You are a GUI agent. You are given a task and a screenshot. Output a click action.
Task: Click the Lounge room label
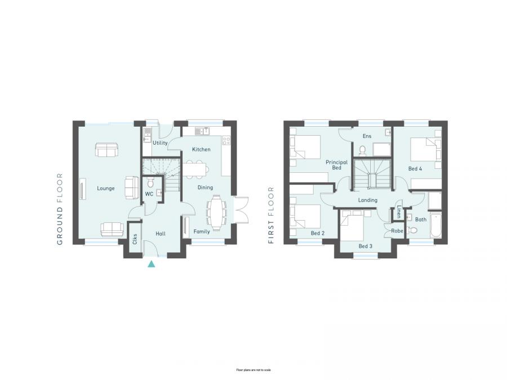[106, 189]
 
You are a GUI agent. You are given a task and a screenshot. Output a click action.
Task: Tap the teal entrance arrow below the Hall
[151, 263]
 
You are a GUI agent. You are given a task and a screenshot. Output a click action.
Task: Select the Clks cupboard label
[135, 238]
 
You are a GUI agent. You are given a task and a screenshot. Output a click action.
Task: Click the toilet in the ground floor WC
[150, 184]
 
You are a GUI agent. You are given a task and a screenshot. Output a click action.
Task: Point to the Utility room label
[161, 144]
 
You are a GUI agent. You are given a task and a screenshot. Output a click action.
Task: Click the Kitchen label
[201, 150]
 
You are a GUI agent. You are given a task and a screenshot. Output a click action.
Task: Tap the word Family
[202, 231]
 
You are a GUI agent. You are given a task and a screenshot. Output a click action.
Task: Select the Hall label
[160, 233]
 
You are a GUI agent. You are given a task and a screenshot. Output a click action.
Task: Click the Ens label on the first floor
[367, 136]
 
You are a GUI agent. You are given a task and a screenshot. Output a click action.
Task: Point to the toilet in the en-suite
[363, 150]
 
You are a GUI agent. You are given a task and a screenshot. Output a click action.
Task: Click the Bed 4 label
[416, 168]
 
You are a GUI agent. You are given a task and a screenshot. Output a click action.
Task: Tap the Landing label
[367, 200]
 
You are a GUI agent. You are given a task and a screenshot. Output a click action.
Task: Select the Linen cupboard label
[399, 212]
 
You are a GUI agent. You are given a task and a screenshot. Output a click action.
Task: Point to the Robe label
[398, 231]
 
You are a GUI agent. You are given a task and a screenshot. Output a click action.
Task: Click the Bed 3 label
[366, 246]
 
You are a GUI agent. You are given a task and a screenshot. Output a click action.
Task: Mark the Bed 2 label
[318, 233]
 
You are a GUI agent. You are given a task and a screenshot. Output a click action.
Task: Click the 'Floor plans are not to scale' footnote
[253, 370]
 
